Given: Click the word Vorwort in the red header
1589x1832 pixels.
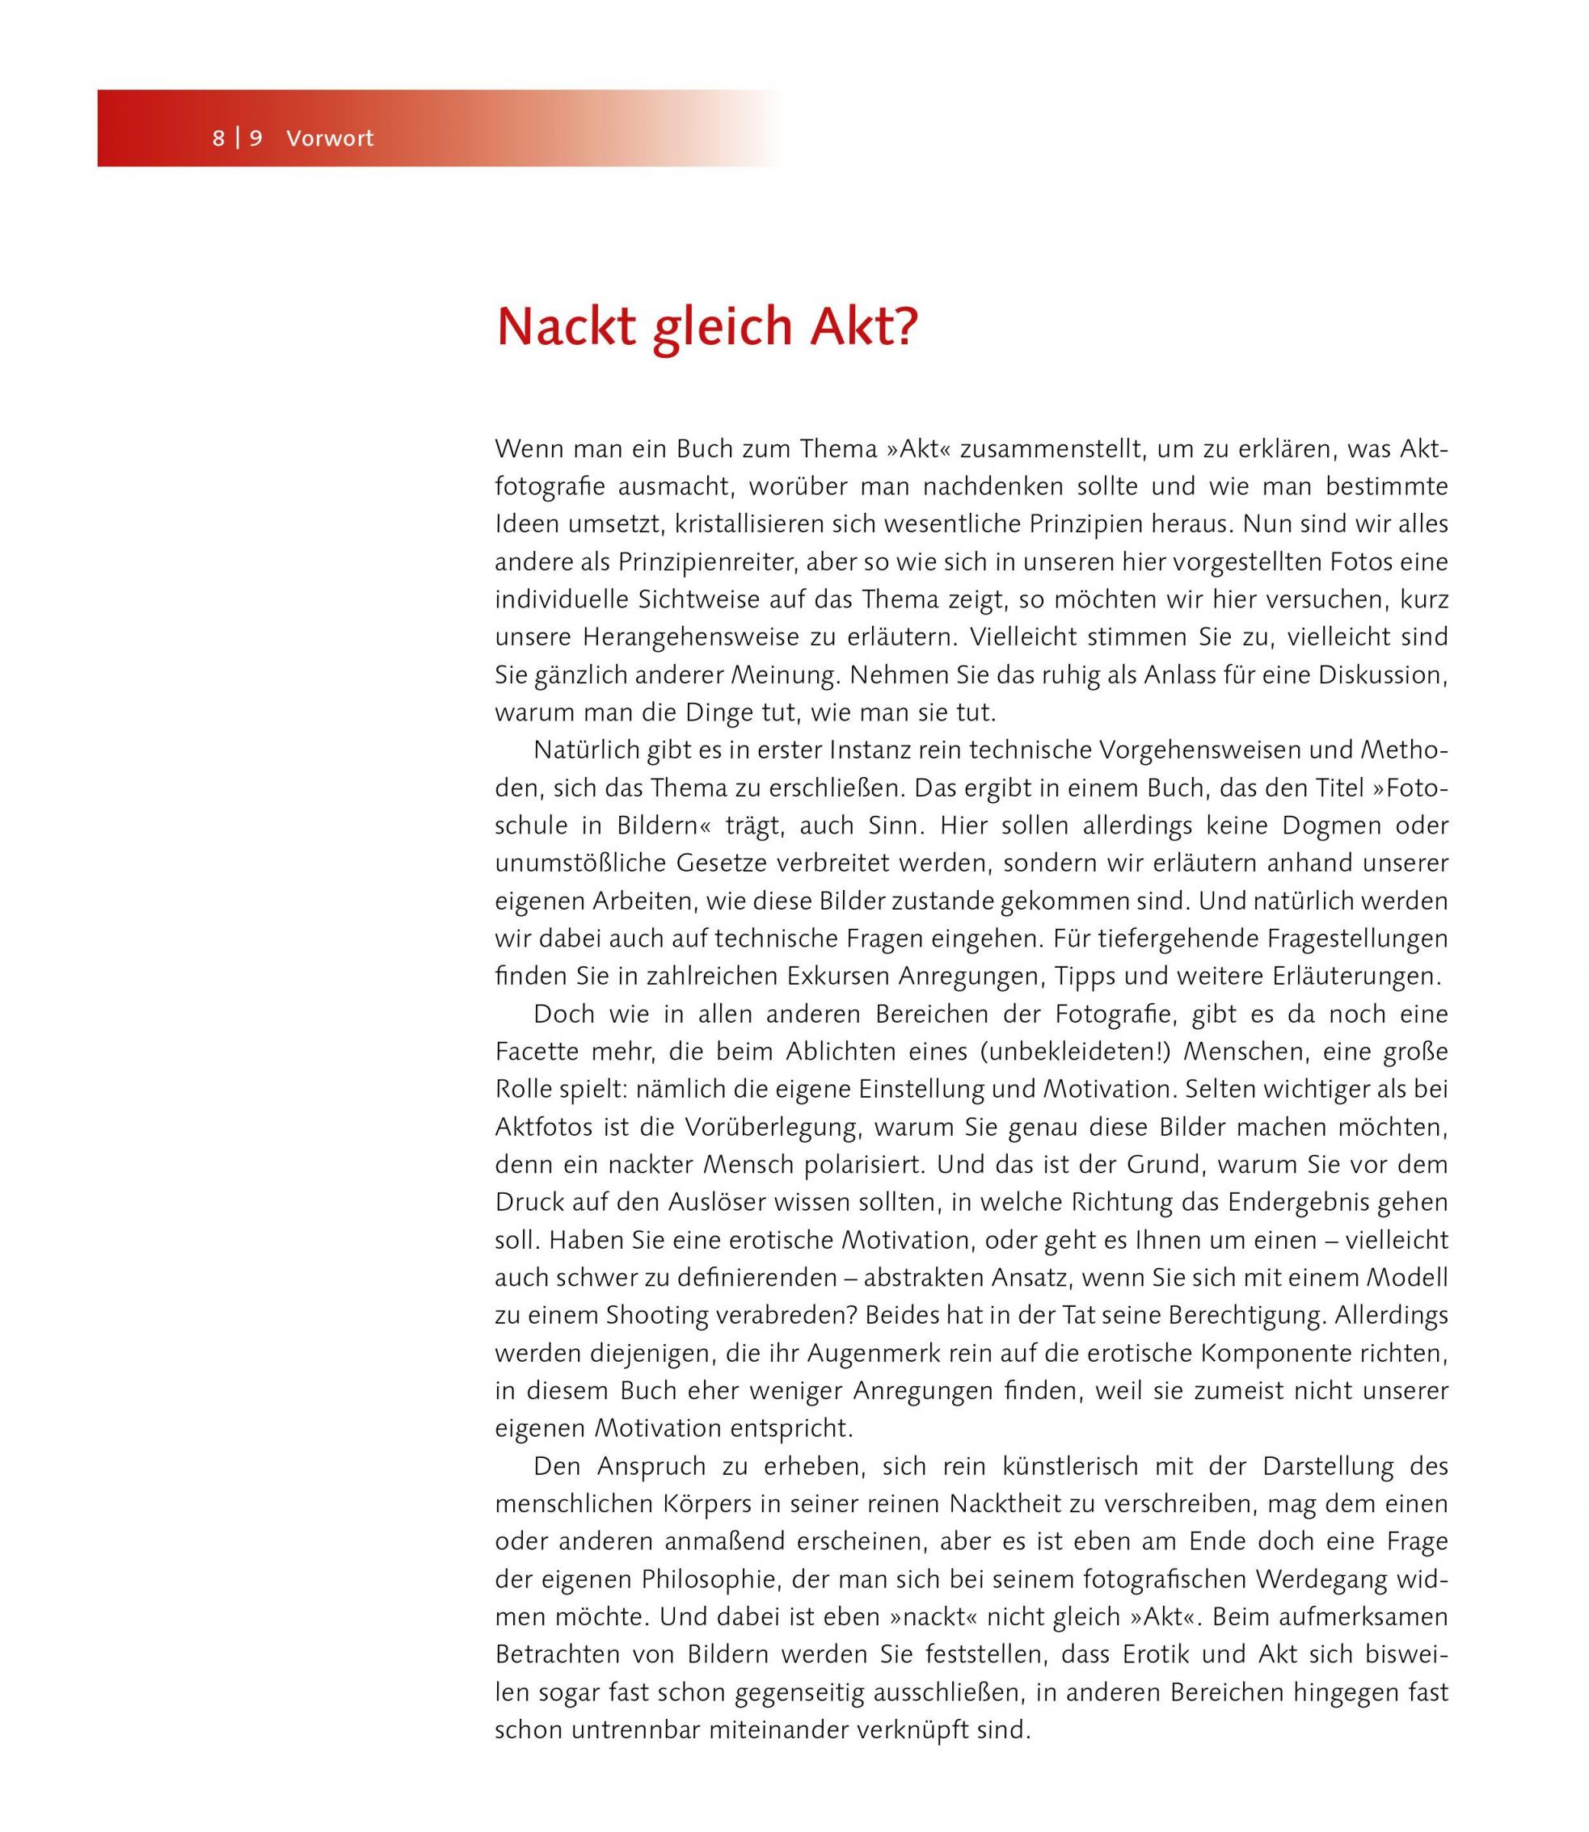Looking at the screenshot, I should [x=330, y=138].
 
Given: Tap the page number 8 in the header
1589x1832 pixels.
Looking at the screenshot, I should [x=218, y=138].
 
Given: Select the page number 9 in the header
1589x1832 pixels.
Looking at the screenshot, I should [x=256, y=138].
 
